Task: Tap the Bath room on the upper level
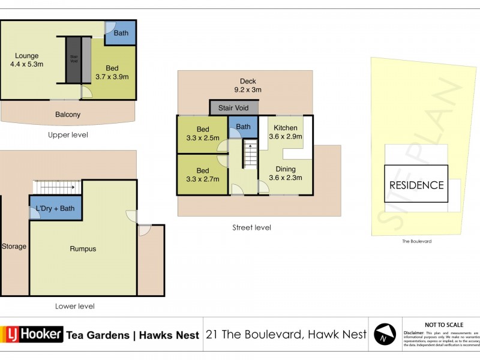(121, 33)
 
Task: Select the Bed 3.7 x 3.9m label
(112, 73)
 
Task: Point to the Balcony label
(68, 115)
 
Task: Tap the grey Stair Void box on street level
(233, 108)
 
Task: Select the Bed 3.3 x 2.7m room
(203, 174)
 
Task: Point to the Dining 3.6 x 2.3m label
(286, 173)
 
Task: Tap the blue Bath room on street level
(243, 127)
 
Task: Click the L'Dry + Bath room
(55, 209)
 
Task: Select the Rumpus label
(83, 249)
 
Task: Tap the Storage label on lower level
(14, 247)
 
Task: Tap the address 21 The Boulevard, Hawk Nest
(286, 335)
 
